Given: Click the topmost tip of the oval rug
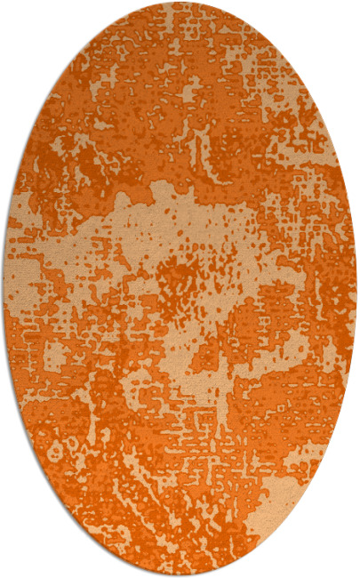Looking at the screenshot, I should tap(180, 3).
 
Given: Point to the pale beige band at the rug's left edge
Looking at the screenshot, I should tap(22, 267).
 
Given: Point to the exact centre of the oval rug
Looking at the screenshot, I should tap(180, 289).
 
